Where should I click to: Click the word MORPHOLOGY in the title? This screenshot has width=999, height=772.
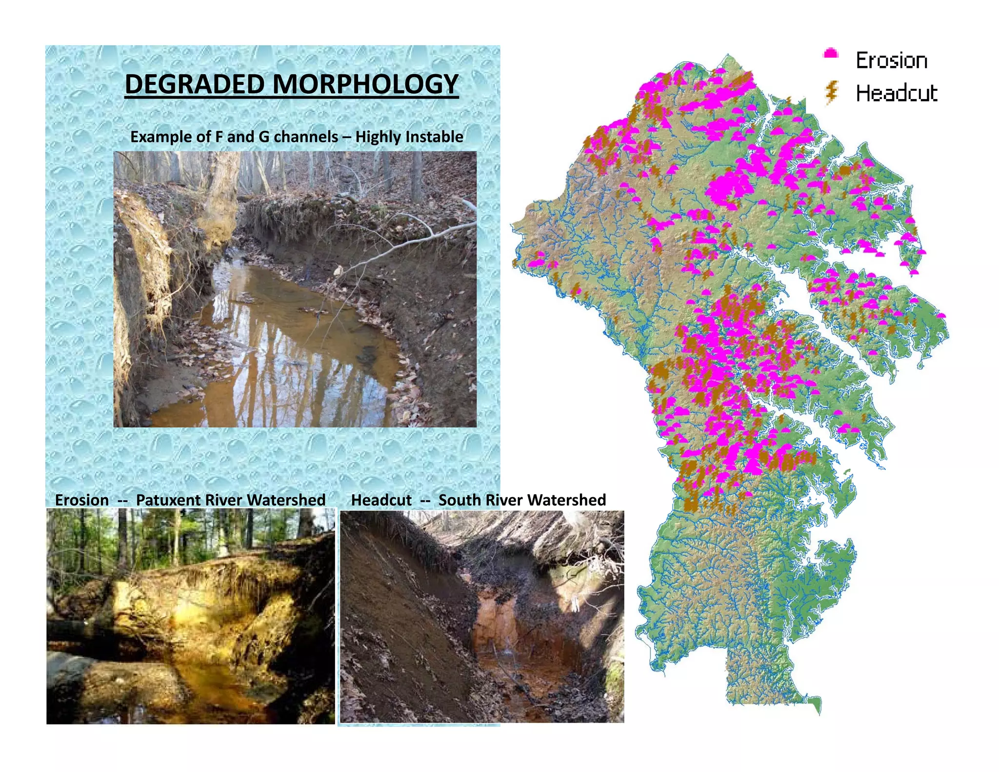pyautogui.click(x=365, y=84)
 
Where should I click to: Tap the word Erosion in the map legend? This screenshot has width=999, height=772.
pyautogui.click(x=891, y=61)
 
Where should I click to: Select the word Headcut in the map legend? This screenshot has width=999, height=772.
pyautogui.click(x=897, y=93)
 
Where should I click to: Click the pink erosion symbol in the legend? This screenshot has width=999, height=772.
pyautogui.click(x=831, y=54)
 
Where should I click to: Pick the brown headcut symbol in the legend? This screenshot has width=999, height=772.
pyautogui.click(x=832, y=92)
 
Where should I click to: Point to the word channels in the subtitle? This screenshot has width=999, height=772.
pyautogui.click(x=305, y=137)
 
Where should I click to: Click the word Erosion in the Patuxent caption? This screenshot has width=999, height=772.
pyautogui.click(x=82, y=500)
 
